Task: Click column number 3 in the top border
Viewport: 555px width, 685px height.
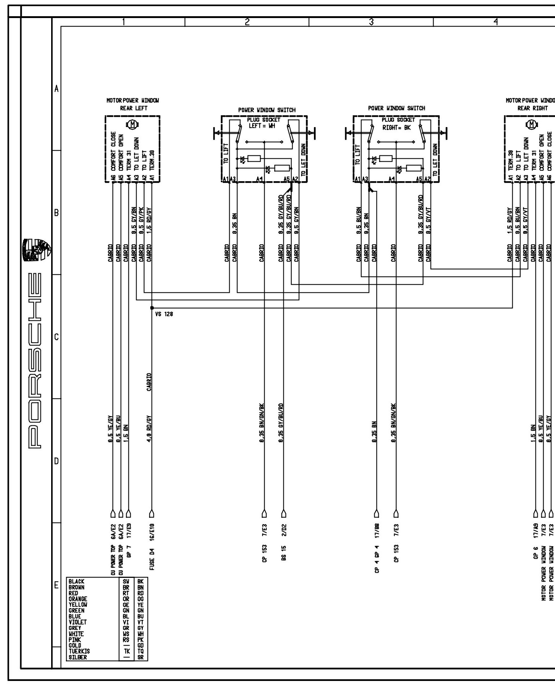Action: (371, 22)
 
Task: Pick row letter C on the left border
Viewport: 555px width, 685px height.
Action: (56, 337)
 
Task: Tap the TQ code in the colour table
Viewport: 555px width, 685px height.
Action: (140, 651)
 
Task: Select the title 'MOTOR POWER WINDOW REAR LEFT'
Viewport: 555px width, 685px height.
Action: (133, 104)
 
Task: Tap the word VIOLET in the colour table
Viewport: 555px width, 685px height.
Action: (78, 622)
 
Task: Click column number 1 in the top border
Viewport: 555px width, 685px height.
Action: (124, 22)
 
